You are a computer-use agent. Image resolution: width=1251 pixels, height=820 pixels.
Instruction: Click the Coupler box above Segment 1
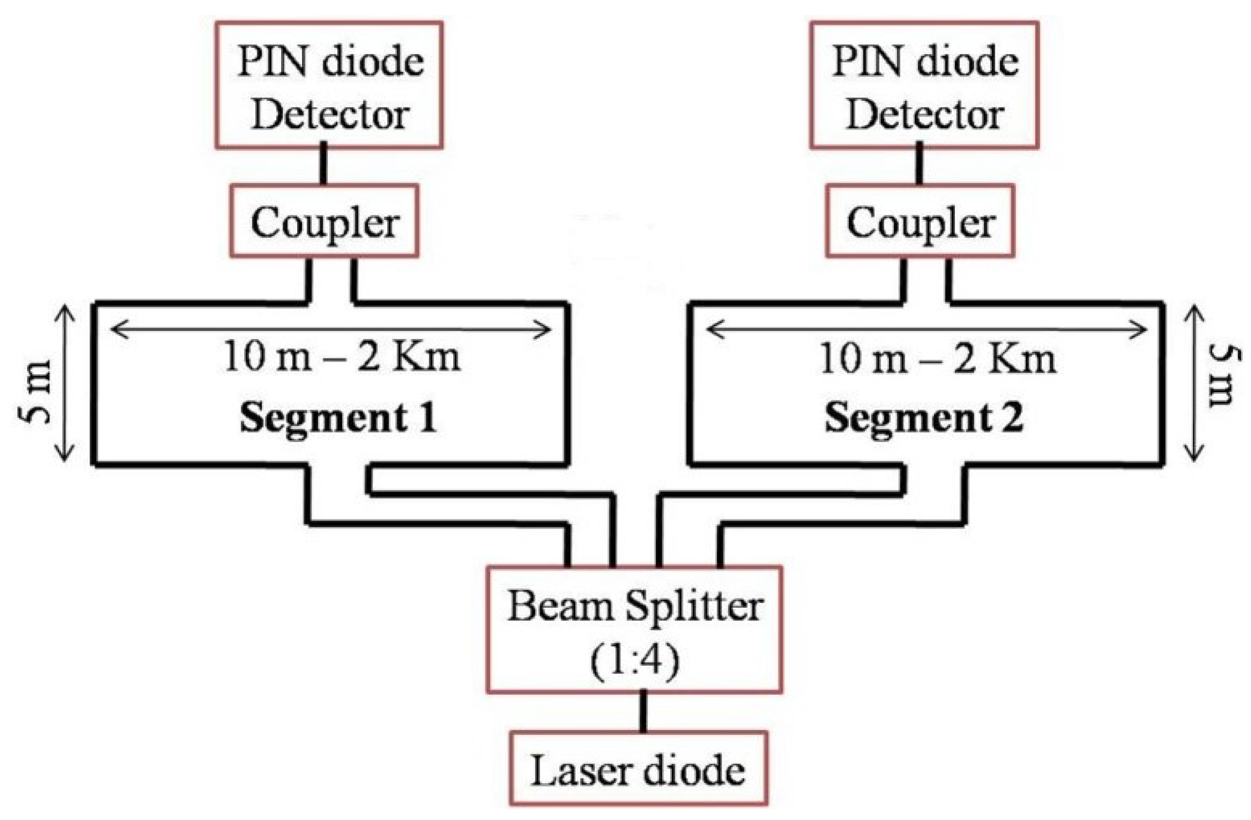(x=324, y=221)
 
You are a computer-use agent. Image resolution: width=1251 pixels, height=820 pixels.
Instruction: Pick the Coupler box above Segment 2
(x=920, y=221)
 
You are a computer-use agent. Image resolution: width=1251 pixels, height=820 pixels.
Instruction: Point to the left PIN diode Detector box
(x=329, y=85)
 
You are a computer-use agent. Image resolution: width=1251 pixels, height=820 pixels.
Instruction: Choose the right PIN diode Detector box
(x=924, y=85)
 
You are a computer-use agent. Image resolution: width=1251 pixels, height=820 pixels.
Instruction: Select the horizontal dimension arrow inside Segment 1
(x=331, y=330)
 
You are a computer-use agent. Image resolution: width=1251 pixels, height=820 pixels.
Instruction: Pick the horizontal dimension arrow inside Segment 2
(x=926, y=330)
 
